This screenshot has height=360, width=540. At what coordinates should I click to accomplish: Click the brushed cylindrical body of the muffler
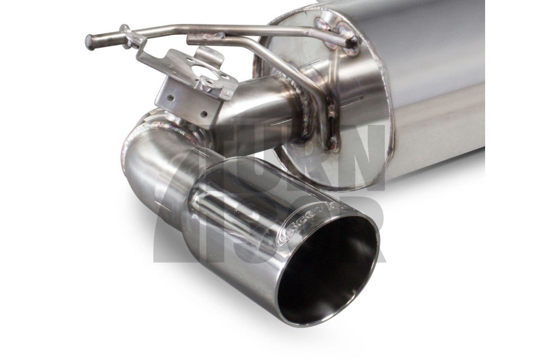(x=432, y=81)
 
